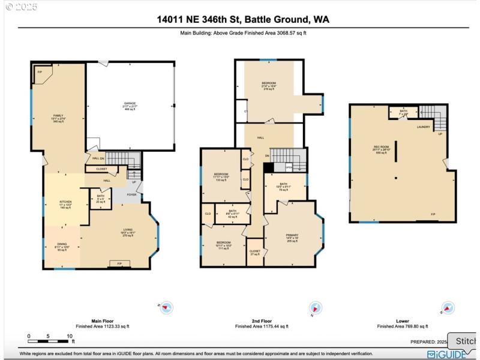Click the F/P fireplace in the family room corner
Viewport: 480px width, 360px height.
[x=40, y=72]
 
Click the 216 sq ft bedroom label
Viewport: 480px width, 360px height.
[x=269, y=85]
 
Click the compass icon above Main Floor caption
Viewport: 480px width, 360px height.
[x=166, y=308]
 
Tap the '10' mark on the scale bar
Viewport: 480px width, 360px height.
[x=70, y=336]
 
